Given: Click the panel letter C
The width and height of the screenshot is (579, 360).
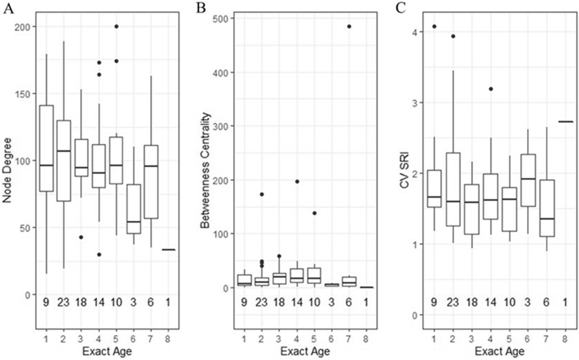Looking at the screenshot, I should click(x=401, y=9).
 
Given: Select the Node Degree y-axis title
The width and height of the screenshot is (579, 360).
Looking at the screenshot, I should click(x=7, y=170).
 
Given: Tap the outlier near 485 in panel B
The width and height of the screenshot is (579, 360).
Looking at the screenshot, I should click(x=349, y=27).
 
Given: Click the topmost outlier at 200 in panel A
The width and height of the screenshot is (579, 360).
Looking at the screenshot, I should click(x=116, y=27).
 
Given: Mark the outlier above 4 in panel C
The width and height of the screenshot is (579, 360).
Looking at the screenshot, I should click(x=434, y=27).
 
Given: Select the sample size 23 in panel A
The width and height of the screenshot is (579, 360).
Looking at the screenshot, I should click(x=63, y=302).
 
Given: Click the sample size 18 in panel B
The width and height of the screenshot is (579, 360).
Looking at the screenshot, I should click(x=279, y=302).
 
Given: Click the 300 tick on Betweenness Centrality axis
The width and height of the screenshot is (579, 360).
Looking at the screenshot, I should click(x=220, y=126).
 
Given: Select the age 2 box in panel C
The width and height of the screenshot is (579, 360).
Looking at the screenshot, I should click(x=453, y=189).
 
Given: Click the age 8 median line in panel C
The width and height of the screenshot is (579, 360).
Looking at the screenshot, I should click(x=565, y=122).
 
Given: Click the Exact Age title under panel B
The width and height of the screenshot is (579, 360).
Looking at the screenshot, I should click(x=305, y=351).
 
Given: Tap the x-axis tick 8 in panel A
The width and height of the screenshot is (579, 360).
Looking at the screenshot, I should click(x=168, y=339).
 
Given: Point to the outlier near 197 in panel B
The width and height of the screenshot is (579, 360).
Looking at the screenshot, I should click(x=297, y=181).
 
